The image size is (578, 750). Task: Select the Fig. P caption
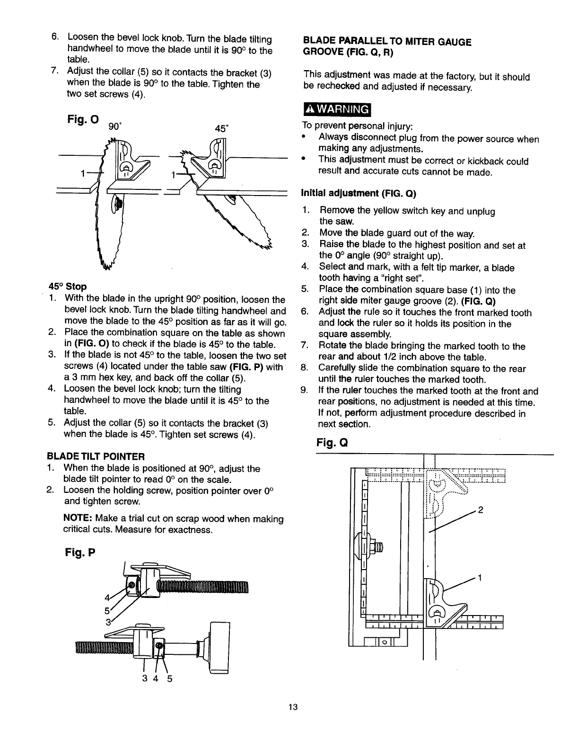tap(80, 553)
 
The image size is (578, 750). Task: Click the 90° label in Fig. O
tap(114, 126)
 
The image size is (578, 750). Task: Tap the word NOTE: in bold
tap(77, 519)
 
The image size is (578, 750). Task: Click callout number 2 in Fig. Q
tap(481, 510)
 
